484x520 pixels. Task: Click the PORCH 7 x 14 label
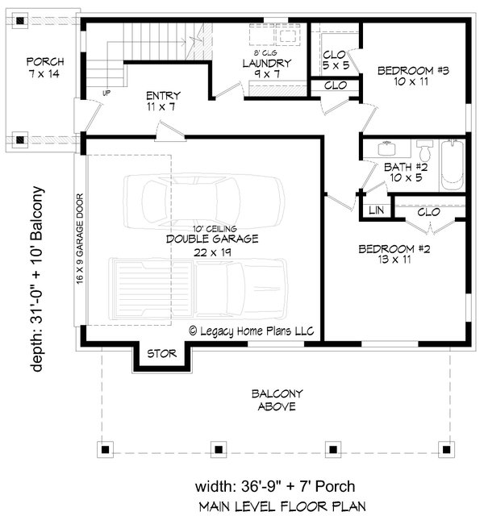point(45,68)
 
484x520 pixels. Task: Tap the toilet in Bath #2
point(425,150)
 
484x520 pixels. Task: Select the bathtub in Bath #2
point(453,164)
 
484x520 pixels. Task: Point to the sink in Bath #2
point(386,148)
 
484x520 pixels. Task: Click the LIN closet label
point(376,210)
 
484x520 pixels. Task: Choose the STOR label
point(162,354)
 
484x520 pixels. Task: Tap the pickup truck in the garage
point(198,289)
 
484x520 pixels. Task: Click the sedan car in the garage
point(204,202)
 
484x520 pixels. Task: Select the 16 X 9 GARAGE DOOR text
point(80,239)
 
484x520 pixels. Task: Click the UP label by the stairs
point(106,94)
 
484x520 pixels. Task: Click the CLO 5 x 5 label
point(336,60)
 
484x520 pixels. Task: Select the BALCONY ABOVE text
point(277,400)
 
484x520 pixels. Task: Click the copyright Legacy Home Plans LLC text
point(252,331)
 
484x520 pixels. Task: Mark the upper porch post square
point(20,21)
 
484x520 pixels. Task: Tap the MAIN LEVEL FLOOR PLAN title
point(282,507)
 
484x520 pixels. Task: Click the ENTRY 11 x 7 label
point(163,101)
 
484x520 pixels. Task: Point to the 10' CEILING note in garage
point(215,228)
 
